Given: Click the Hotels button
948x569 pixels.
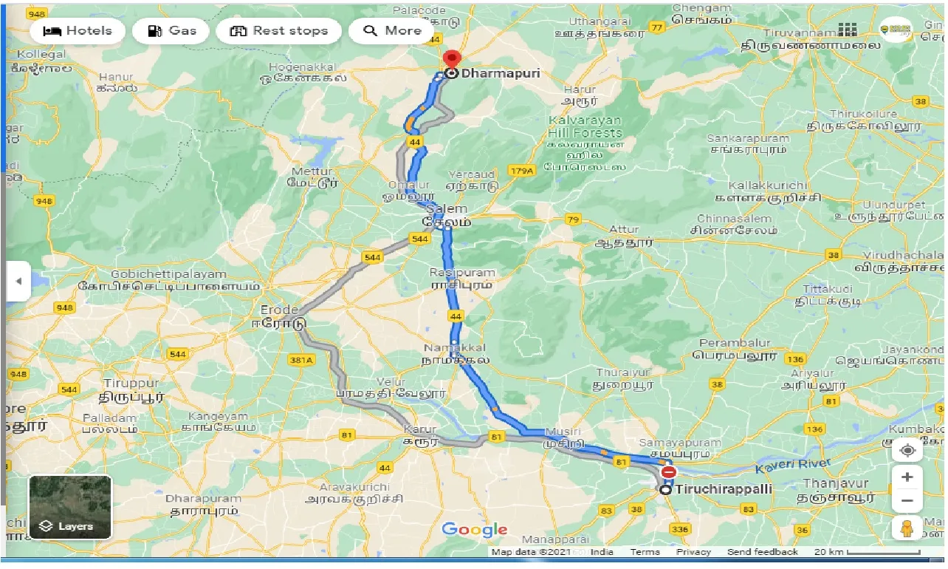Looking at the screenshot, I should [77, 31].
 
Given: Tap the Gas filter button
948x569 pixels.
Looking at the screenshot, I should [172, 31].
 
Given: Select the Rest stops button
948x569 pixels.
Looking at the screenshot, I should [278, 31].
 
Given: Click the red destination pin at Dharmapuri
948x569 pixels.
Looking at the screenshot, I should [450, 61].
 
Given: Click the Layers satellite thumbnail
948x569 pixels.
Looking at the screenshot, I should [70, 507].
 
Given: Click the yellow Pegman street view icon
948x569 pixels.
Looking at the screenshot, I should [907, 528].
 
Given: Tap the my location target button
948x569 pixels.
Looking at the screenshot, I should [907, 449].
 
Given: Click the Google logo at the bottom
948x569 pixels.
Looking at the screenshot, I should [474, 530].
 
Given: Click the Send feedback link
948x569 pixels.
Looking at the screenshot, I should [762, 552].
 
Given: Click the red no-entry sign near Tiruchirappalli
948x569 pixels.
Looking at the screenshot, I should [668, 471].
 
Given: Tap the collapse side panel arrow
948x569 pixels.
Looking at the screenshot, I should [18, 281].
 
